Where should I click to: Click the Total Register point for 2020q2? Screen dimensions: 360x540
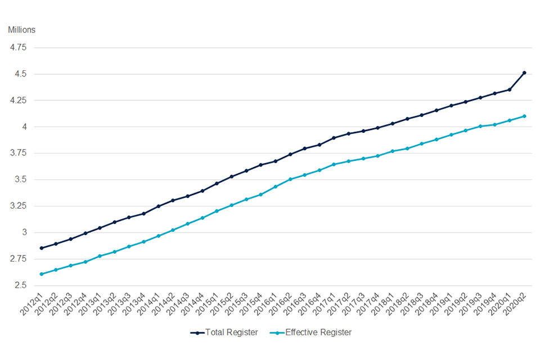pos(524,73)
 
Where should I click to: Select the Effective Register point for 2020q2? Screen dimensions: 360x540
pos(524,116)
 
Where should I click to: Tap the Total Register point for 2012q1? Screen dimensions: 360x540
pos(41,248)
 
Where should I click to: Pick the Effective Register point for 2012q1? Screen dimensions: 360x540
pos(41,274)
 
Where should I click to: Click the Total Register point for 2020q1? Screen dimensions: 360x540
pos(510,89)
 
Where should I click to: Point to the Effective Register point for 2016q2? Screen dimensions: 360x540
pos(290,179)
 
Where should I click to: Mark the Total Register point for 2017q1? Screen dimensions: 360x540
pos(334,138)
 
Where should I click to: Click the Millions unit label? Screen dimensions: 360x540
pos(21,29)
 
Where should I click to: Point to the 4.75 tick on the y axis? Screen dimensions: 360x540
pos(18,47)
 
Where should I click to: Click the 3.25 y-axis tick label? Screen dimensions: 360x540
pos(18,206)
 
